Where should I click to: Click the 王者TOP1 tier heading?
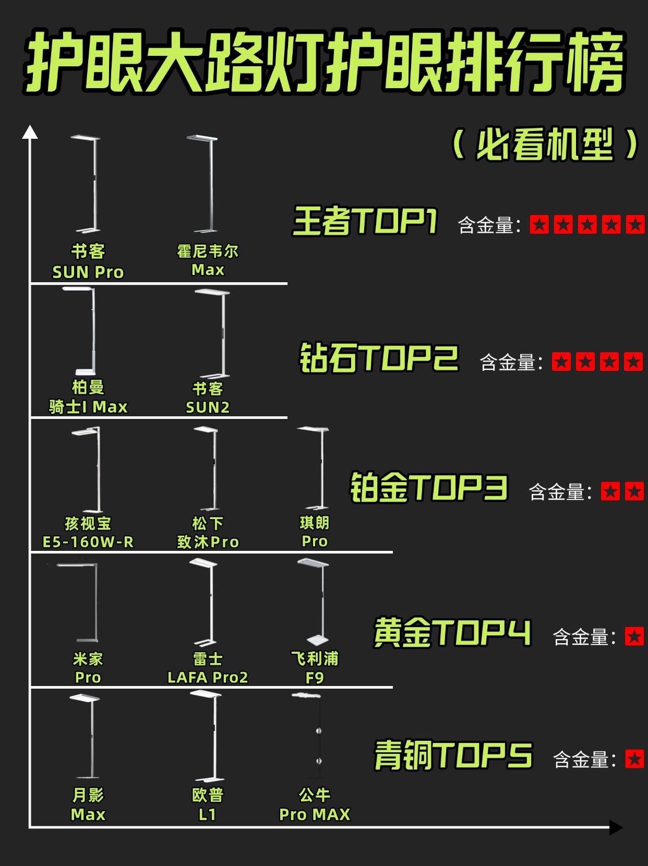pyautogui.click(x=365, y=221)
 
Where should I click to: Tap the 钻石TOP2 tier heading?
pyautogui.click(x=379, y=358)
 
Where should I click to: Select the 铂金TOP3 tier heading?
pyautogui.click(x=428, y=487)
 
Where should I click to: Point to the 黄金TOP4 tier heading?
pyautogui.click(x=452, y=633)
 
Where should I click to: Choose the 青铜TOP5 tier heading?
pyautogui.click(x=453, y=756)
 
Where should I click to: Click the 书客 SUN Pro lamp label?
pyautogui.click(x=88, y=262)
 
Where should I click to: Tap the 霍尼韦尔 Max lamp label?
pyautogui.click(x=208, y=260)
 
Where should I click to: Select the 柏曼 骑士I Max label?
pyautogui.click(x=88, y=397)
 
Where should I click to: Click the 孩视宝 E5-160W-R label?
pyautogui.click(x=88, y=533)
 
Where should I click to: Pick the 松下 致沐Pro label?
pyautogui.click(x=208, y=533)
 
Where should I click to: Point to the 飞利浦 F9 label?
pyautogui.click(x=315, y=668)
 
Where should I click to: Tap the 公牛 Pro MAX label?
pyautogui.click(x=315, y=804)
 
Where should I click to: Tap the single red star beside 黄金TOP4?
pyautogui.click(x=634, y=637)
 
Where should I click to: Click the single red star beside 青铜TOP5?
pyautogui.click(x=634, y=760)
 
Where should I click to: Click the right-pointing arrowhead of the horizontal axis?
pyautogui.click(x=616, y=827)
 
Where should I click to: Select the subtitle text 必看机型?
pyautogui.click(x=545, y=145)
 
